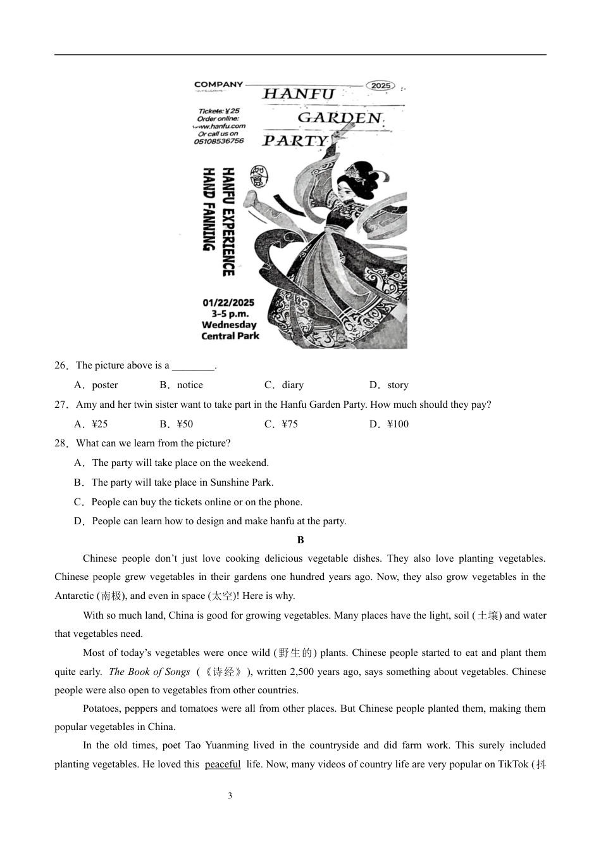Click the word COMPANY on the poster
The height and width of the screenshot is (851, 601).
pos(218,84)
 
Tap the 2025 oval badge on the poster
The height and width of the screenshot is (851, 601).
pos(381,85)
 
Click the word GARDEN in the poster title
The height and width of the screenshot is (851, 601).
pos(340,118)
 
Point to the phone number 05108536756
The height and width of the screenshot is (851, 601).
pos(219,141)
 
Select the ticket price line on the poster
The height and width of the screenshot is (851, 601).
pos(219,111)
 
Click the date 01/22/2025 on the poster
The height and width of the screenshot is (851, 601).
pos(228,303)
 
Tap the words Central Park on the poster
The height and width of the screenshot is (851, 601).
pos(230,336)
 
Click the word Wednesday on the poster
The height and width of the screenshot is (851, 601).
pos(229,325)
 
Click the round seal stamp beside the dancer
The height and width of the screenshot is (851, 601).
pos(258,175)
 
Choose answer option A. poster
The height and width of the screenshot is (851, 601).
pos(97,385)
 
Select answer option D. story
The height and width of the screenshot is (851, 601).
pos(390,385)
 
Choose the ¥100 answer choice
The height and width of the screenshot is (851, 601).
pos(390,424)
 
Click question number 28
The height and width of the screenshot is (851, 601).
pos(61,443)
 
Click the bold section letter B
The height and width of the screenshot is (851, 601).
pos(300,540)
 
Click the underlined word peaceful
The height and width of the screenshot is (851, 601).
pos(223,764)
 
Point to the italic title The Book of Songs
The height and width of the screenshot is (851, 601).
pos(149,672)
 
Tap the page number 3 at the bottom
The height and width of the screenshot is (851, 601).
pos(230,796)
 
